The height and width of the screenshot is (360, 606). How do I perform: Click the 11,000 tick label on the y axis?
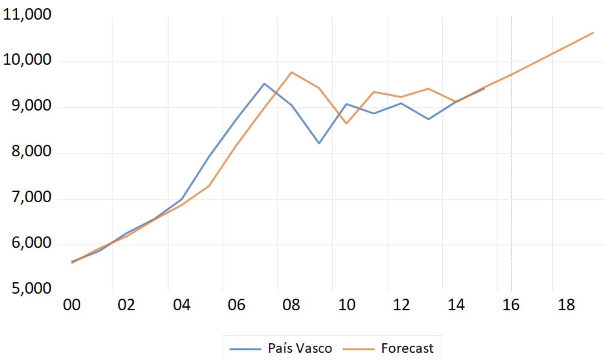pos(27,14)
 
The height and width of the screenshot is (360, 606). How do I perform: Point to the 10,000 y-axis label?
pos(27,60)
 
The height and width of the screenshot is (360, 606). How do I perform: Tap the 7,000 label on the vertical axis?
pos(31,197)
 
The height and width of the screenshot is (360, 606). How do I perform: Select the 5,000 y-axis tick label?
pos(31,288)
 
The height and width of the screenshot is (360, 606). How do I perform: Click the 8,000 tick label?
pos(31,151)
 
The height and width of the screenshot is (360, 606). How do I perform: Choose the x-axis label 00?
pos(72,305)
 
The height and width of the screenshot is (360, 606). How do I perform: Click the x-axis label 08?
pos(291,305)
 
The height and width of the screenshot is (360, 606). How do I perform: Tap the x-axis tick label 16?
pos(511,305)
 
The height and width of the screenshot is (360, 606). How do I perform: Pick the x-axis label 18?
pos(566,305)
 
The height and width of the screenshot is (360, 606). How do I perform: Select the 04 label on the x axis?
pos(181,305)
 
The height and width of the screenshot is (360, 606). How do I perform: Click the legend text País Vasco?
pos(300,348)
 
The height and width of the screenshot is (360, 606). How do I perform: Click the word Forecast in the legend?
pos(408,348)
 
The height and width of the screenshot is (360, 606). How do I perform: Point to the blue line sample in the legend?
pos(245,349)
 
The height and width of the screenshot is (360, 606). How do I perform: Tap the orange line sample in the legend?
pos(358,349)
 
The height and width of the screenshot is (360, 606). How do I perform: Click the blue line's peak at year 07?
pos(264,84)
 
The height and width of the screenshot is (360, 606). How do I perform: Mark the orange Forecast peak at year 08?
pos(291,72)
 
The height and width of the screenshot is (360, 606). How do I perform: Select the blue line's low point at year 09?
pos(319,143)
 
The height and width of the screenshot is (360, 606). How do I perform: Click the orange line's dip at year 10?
pos(346,124)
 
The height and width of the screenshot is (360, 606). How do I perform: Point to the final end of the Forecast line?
pos(594,33)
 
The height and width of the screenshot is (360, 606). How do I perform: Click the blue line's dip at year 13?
pos(429,119)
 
